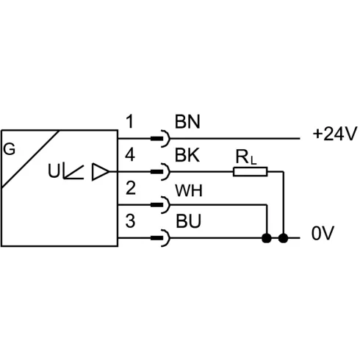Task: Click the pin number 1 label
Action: click(130, 121)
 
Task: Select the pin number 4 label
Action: click(130, 155)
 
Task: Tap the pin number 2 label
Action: click(131, 188)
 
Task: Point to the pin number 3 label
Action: click(130, 221)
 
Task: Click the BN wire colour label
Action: click(187, 122)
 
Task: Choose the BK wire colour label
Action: click(187, 155)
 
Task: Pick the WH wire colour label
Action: click(189, 190)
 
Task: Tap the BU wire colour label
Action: click(188, 221)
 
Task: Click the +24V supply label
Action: click(335, 134)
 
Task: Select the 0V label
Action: click(323, 233)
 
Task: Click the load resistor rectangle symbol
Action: click(250, 172)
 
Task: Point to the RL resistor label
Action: click(246, 157)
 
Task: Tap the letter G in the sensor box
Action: click(10, 149)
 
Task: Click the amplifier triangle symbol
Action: click(100, 172)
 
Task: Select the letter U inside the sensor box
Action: click(54, 170)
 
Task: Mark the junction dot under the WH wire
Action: click(267, 238)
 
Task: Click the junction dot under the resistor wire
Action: click(284, 238)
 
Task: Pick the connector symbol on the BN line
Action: click(161, 139)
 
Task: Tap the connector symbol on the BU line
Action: click(161, 238)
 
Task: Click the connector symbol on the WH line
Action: click(161, 205)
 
